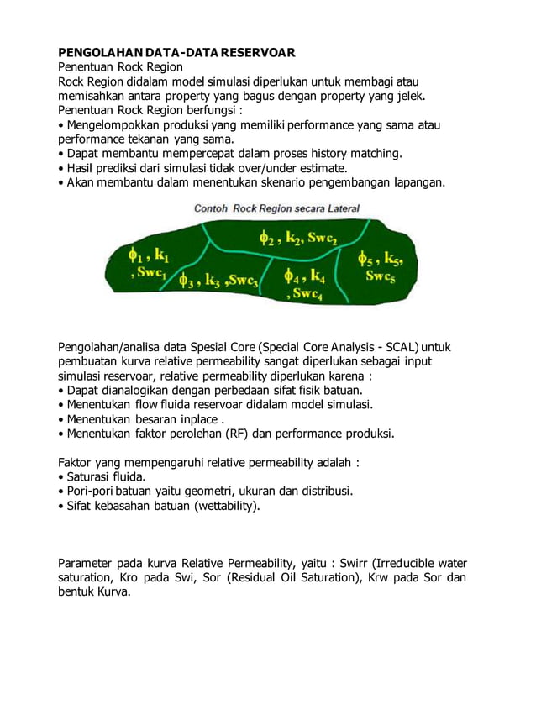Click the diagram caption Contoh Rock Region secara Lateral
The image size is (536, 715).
[276, 208]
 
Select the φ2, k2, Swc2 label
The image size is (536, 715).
[297, 238]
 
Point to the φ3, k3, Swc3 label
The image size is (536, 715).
[218, 281]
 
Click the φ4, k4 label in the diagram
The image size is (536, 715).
[303, 276]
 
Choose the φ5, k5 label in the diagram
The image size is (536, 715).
[379, 257]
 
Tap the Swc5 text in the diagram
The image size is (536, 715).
[380, 275]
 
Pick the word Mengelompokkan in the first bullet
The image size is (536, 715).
[110, 124]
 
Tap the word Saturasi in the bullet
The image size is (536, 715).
[92, 476]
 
